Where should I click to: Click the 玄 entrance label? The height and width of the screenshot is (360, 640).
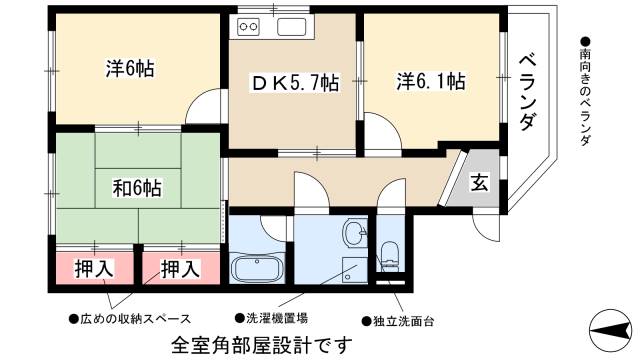click(480, 183)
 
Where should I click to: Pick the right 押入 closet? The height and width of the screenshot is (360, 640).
click(180, 268)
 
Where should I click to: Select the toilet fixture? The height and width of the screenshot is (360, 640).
click(389, 256)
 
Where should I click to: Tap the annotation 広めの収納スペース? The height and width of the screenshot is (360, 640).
click(130, 319)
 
